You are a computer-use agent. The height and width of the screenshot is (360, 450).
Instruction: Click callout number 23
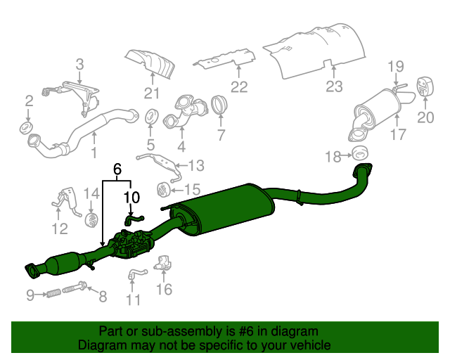coord(334,86)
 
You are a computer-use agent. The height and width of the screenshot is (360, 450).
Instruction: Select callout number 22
coord(239,87)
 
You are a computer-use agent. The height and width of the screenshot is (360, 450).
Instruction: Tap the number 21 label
coord(153,94)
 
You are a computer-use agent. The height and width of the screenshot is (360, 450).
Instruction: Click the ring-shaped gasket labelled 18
coord(360,154)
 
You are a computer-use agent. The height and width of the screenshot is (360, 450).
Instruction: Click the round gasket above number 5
coord(151,116)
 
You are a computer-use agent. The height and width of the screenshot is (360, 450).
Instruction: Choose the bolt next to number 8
coord(76,288)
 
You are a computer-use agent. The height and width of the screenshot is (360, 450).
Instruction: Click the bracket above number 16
coord(164,263)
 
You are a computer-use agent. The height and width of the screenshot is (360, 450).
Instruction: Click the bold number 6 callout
coord(117,169)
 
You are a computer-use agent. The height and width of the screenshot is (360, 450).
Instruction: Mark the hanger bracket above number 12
coord(68,198)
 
